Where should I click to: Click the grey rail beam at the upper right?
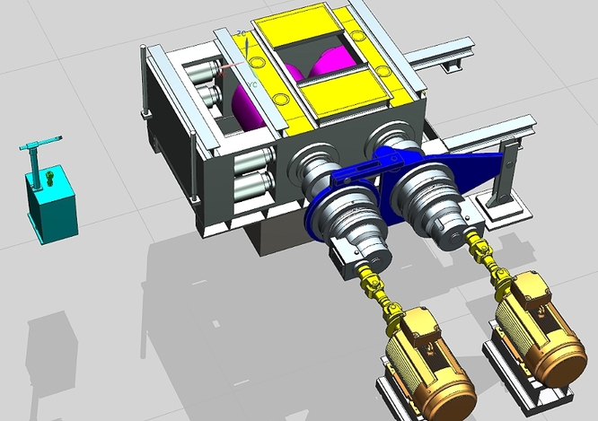pos(440,55)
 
